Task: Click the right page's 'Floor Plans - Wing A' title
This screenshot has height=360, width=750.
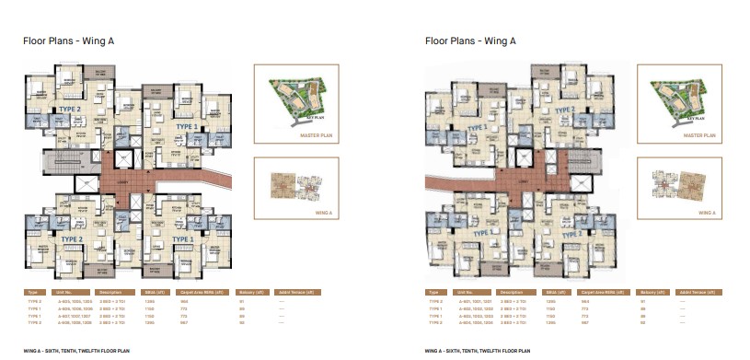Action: [470, 41]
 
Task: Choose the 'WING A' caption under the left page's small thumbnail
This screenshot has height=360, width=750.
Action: [295, 211]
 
